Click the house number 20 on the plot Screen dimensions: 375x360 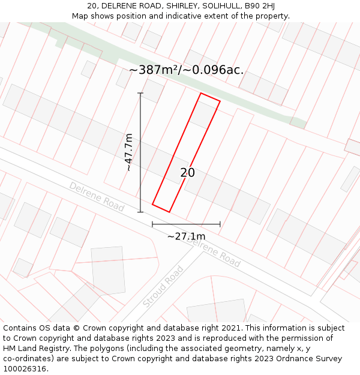point(187,173)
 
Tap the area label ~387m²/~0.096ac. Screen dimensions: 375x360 point(186,70)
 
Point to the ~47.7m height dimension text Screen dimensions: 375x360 point(128,152)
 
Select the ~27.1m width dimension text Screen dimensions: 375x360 point(186,236)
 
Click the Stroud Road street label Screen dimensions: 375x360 point(163,287)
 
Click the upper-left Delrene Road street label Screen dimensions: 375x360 point(97,197)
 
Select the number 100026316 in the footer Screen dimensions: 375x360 point(23,369)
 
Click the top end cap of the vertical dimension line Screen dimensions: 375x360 point(140,93)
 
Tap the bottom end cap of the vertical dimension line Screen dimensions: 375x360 point(140,212)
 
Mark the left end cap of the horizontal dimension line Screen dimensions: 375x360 point(152,224)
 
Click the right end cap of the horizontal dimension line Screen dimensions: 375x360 point(220,224)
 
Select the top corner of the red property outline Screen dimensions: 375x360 point(200,93)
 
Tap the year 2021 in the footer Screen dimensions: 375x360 point(231,328)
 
